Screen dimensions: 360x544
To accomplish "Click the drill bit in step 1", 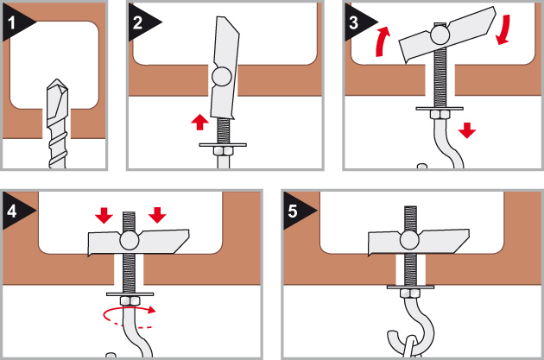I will [57, 121].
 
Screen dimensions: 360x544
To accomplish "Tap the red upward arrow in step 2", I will [199, 122].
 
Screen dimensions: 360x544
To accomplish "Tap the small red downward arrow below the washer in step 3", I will [467, 130].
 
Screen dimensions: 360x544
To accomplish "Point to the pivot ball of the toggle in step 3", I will [440, 35].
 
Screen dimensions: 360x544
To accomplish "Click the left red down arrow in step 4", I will [104, 215].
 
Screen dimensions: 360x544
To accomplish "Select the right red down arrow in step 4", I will [157, 215].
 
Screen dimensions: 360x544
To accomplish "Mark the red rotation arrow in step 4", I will [130, 319].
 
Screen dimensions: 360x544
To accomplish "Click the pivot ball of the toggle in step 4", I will [130, 239].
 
